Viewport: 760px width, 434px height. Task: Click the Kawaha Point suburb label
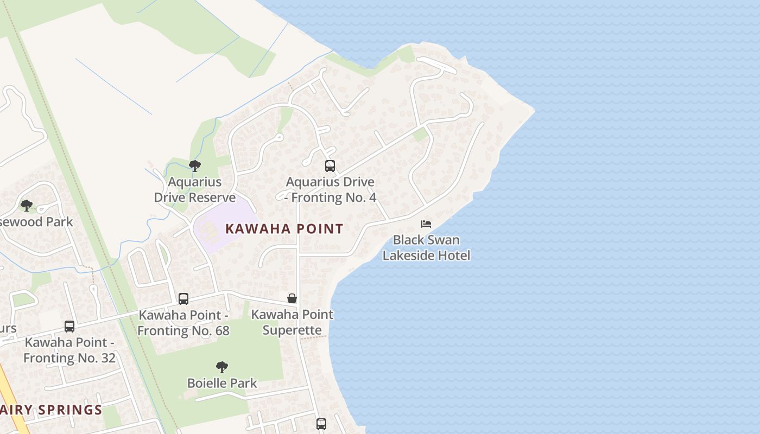pyautogui.click(x=284, y=228)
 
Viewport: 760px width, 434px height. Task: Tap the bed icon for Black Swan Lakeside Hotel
pyautogui.click(x=426, y=224)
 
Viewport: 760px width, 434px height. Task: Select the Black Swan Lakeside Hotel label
pyautogui.click(x=426, y=247)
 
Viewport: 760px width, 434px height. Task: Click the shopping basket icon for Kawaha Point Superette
pyautogui.click(x=292, y=298)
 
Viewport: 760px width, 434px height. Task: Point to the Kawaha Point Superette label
pyautogui.click(x=292, y=322)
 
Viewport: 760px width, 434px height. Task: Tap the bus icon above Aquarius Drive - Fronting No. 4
pyautogui.click(x=330, y=166)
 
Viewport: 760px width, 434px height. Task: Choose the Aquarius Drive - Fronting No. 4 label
pyautogui.click(x=330, y=190)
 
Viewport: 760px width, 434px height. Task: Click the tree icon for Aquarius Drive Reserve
pyautogui.click(x=195, y=166)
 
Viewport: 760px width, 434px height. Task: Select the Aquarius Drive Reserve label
pyautogui.click(x=195, y=189)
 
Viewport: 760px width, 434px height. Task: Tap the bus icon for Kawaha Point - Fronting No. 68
pyautogui.click(x=183, y=298)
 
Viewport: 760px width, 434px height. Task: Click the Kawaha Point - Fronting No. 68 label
pyautogui.click(x=183, y=323)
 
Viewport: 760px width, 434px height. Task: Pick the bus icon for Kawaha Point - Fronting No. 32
pyautogui.click(x=69, y=326)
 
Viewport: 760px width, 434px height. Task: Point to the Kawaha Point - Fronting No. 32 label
pyautogui.click(x=69, y=350)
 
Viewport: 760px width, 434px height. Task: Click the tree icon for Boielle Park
pyautogui.click(x=221, y=367)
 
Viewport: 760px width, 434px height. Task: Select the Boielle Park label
pyautogui.click(x=221, y=383)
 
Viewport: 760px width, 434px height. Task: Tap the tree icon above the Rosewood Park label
pyautogui.click(x=26, y=206)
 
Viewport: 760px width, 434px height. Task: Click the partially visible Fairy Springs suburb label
pyautogui.click(x=52, y=410)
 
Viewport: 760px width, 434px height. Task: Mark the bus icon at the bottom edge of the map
pyautogui.click(x=321, y=424)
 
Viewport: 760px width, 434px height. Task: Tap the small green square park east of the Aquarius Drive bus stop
pyautogui.click(x=420, y=135)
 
